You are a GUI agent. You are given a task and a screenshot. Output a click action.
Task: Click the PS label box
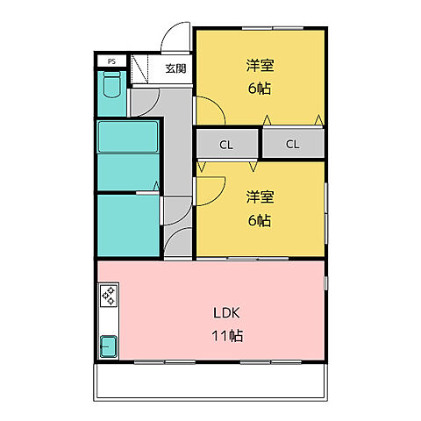click(x=111, y=61)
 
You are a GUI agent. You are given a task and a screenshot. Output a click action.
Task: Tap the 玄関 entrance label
click(x=175, y=68)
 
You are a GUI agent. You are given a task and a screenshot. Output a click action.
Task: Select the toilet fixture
click(x=112, y=84)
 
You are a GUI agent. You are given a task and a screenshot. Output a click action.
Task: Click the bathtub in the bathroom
click(x=128, y=137)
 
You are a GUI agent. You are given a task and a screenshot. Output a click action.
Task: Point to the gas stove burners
click(x=109, y=296)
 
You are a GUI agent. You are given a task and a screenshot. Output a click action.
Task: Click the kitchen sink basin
click(x=109, y=347)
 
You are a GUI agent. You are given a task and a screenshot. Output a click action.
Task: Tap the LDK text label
click(x=226, y=313)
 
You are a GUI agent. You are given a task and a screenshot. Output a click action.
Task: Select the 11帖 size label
click(x=227, y=336)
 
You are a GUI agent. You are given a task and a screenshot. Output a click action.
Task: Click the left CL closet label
click(x=226, y=145)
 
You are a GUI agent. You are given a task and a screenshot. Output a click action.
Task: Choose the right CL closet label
click(x=292, y=144)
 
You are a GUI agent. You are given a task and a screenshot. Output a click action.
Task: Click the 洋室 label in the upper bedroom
click(x=260, y=66)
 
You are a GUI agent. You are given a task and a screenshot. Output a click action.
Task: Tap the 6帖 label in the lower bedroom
click(x=260, y=220)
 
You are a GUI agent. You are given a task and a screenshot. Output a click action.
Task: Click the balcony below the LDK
click(x=210, y=382)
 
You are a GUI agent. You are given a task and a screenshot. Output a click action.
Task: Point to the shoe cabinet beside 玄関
click(x=139, y=69)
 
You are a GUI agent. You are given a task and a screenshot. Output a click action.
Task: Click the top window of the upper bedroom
click(x=273, y=28)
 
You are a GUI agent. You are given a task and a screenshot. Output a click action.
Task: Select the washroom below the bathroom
click(x=128, y=225)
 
